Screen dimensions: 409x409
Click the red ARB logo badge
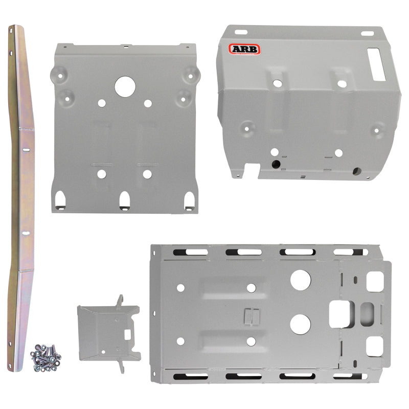[244, 49]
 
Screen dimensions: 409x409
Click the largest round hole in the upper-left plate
[124, 86]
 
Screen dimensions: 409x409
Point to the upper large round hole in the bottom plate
[301, 279]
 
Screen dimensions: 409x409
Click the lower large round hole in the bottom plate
[301, 323]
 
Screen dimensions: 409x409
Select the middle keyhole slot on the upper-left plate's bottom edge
[124, 200]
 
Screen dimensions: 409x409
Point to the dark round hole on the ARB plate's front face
[277, 164]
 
